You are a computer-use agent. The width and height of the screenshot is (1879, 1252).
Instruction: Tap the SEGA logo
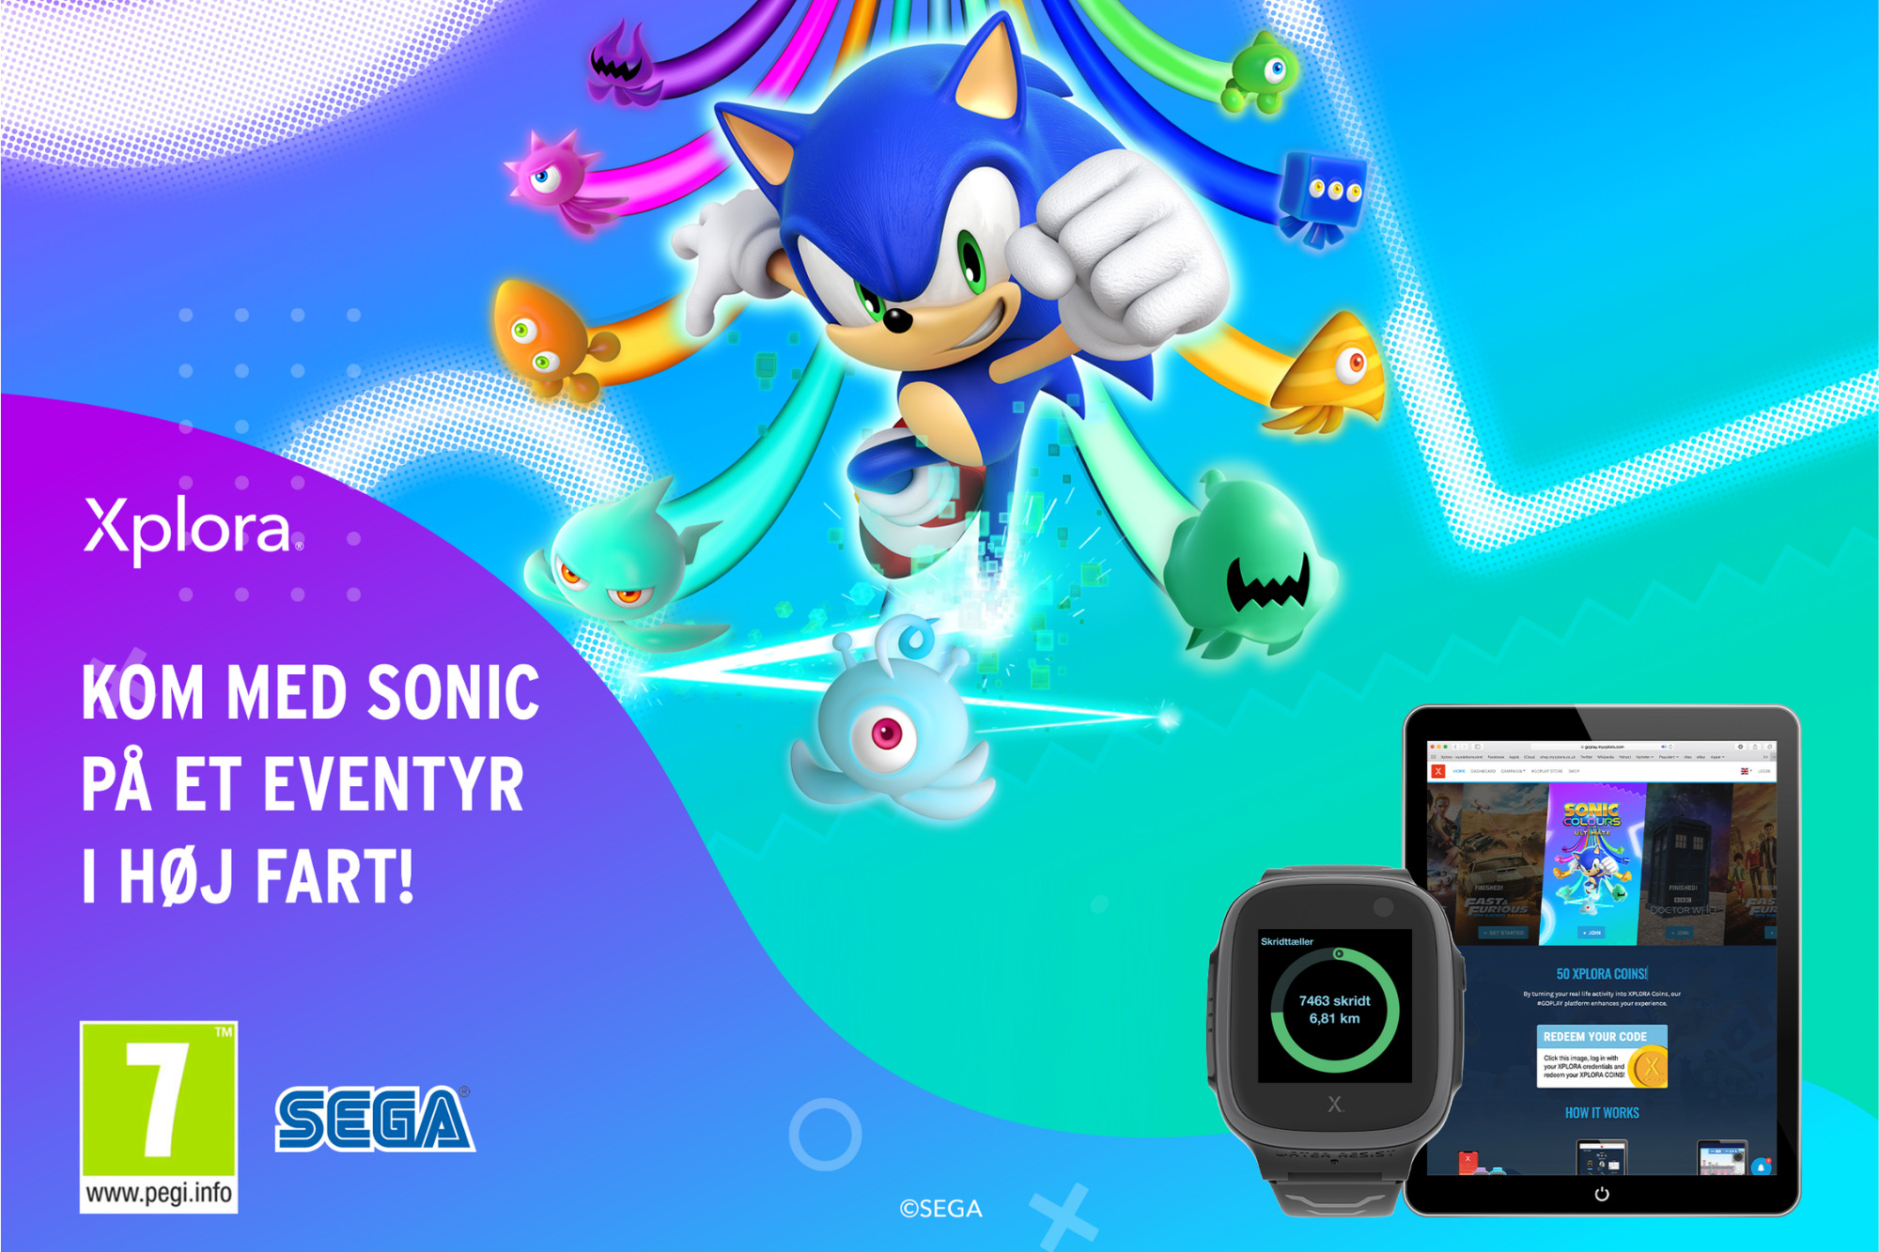[x=374, y=1119]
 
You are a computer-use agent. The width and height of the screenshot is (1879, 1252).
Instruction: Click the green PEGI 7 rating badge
[x=159, y=1099]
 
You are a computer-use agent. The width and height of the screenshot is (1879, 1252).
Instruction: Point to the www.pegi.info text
[x=159, y=1194]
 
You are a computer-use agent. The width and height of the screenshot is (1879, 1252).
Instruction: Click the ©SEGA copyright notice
[x=940, y=1209]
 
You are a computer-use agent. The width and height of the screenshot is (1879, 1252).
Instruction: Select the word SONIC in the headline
[x=453, y=693]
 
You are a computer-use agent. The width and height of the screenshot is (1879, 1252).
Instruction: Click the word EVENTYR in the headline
[x=393, y=785]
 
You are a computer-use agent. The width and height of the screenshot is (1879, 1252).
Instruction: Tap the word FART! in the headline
[x=334, y=876]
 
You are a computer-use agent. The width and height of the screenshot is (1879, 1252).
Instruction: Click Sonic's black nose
[x=897, y=320]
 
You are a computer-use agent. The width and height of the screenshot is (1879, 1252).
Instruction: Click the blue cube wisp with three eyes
[x=1323, y=195]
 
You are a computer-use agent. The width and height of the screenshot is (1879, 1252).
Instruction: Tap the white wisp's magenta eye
[x=886, y=734]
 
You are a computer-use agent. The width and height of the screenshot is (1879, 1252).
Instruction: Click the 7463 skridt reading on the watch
[x=1334, y=1001]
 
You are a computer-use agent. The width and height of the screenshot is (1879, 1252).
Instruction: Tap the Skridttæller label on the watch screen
[x=1286, y=941]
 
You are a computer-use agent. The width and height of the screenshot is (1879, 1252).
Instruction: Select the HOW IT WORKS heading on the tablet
[x=1601, y=1113]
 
